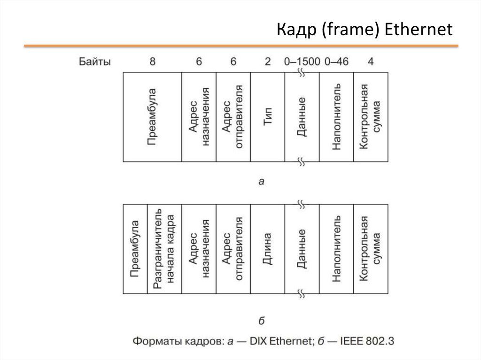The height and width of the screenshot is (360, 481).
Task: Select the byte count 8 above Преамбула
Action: (x=152, y=61)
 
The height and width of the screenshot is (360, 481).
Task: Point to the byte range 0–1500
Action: (x=302, y=61)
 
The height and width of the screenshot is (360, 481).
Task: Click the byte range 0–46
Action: (x=336, y=61)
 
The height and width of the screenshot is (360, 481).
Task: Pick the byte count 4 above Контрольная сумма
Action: (x=371, y=61)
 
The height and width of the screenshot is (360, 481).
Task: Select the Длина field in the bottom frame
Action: (x=268, y=249)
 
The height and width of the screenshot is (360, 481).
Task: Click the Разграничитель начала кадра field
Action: (x=164, y=249)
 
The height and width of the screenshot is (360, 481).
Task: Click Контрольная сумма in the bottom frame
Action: (x=371, y=249)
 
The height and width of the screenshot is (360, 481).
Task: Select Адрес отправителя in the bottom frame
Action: (x=233, y=249)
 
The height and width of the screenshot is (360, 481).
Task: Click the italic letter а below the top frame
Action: (x=262, y=181)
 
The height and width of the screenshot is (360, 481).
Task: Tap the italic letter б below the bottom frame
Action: (x=262, y=321)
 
